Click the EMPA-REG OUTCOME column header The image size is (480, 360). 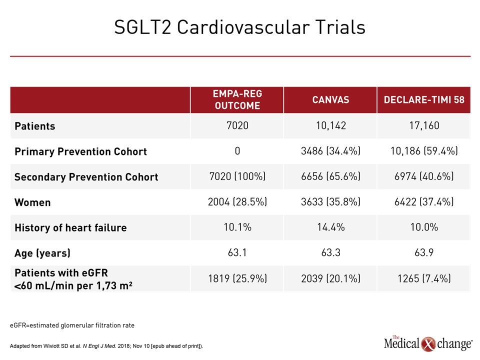pyautogui.click(x=237, y=100)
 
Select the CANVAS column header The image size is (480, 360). pyautogui.click(x=330, y=100)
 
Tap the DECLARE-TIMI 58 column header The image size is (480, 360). pyautogui.click(x=424, y=100)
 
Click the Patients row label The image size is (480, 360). pyautogui.click(x=35, y=126)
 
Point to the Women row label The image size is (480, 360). pyautogui.click(x=32, y=202)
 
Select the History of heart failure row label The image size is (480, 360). pyautogui.click(x=70, y=228)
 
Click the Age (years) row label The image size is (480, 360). pyautogui.click(x=42, y=253)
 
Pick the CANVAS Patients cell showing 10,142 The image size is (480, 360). pyautogui.click(x=331, y=125)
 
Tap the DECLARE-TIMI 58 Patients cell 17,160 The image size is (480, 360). pyautogui.click(x=424, y=125)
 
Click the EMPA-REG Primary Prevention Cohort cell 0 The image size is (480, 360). pyautogui.click(x=237, y=151)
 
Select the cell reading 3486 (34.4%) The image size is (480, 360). pyautogui.click(x=330, y=151)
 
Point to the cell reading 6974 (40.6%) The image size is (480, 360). pyautogui.click(x=424, y=176)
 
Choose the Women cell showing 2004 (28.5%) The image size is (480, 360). pyautogui.click(x=237, y=201)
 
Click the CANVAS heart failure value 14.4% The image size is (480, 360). pyautogui.click(x=331, y=227)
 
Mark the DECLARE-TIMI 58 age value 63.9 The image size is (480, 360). pyautogui.click(x=424, y=252)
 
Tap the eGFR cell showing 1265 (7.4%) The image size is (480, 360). pyautogui.click(x=424, y=278)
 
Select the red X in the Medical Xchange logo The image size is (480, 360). pyautogui.click(x=428, y=344)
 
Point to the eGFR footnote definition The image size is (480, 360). pyautogui.click(x=72, y=325)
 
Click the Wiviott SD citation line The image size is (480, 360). pyautogui.click(x=106, y=346)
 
